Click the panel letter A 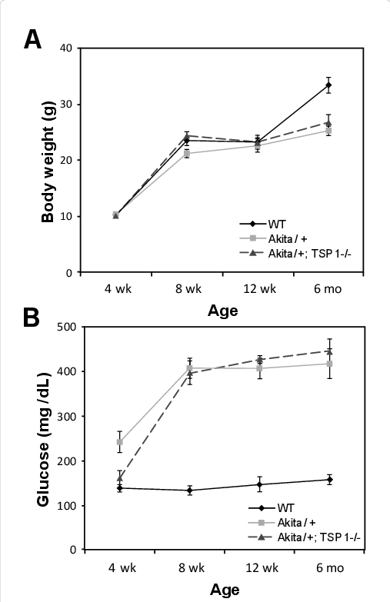point(32,40)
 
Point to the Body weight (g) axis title point(48,160)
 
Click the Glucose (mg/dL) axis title point(44,438)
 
